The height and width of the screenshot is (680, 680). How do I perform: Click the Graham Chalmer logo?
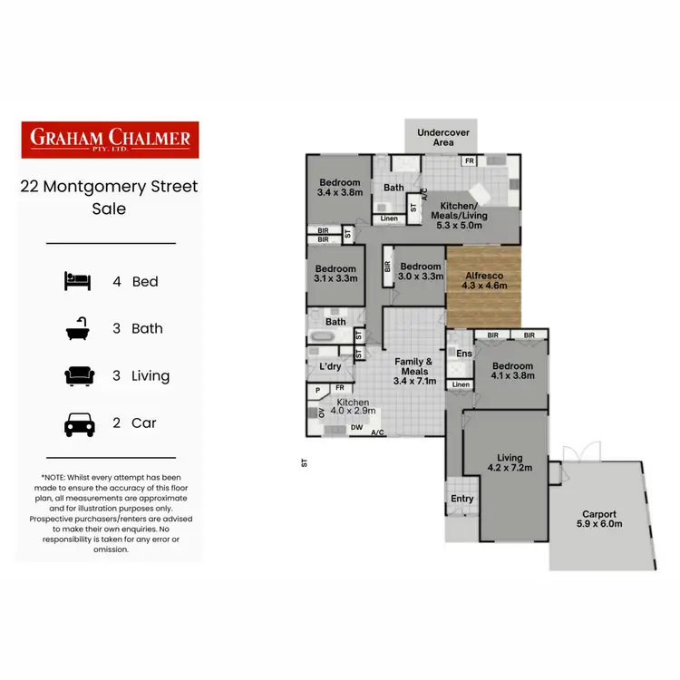(x=109, y=140)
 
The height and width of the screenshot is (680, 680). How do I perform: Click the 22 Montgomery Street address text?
(x=109, y=188)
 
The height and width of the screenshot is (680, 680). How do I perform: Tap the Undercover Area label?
(x=442, y=138)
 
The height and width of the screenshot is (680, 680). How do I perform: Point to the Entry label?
(x=462, y=499)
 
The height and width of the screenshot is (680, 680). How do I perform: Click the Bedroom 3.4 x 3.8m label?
(x=339, y=187)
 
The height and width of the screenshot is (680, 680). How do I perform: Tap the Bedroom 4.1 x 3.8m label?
(x=512, y=372)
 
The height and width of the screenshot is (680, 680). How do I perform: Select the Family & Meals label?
(x=413, y=366)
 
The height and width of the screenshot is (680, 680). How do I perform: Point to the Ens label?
(x=463, y=354)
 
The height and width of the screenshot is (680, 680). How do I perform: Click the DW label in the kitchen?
(x=356, y=427)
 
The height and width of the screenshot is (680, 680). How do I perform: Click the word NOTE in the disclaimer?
(x=58, y=477)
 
